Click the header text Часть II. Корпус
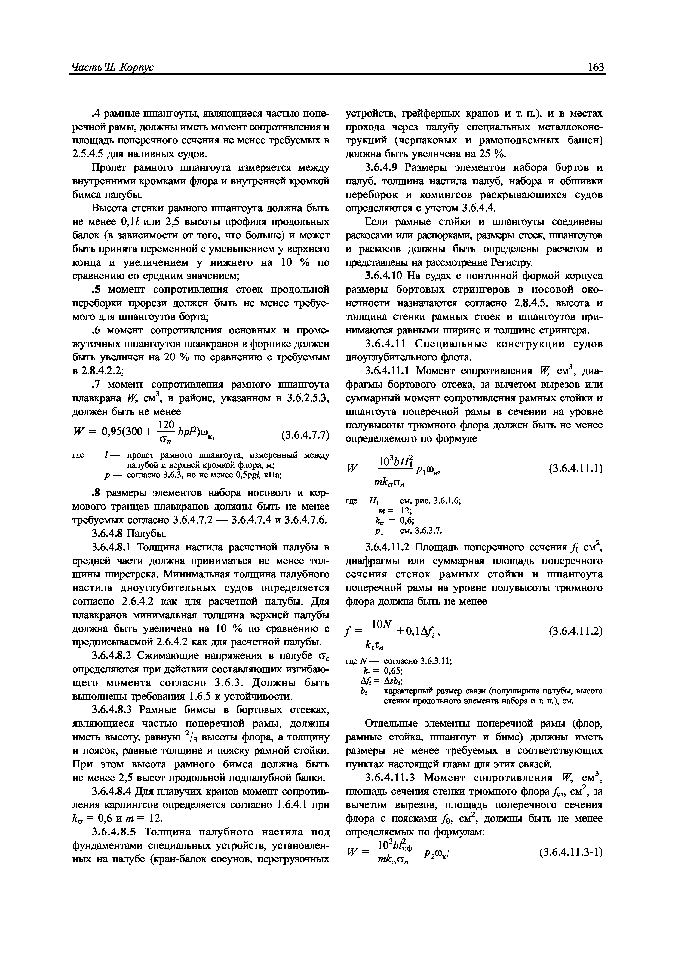[x=113, y=68]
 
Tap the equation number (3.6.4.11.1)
[x=576, y=468]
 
